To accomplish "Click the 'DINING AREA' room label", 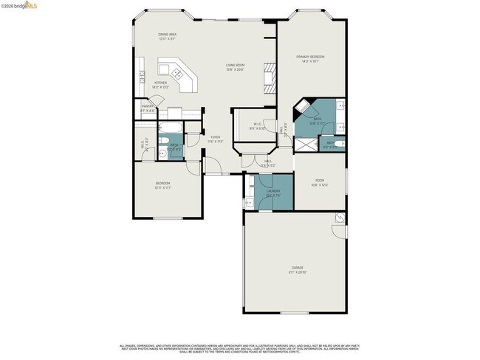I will pos(168,34).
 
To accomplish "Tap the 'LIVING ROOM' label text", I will pos(235,65).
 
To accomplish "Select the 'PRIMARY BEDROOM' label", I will pos(311,57).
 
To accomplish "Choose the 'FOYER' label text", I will pos(215,136).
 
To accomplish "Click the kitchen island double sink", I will pos(179,73).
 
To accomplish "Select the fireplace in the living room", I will pos(270,77).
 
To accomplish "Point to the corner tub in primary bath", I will pos(303,108).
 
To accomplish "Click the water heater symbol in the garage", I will pos(338,218).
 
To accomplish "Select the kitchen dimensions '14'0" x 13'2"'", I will pos(160,87).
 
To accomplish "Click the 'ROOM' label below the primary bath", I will pos(319,180).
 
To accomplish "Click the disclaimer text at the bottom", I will pos(239,349).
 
